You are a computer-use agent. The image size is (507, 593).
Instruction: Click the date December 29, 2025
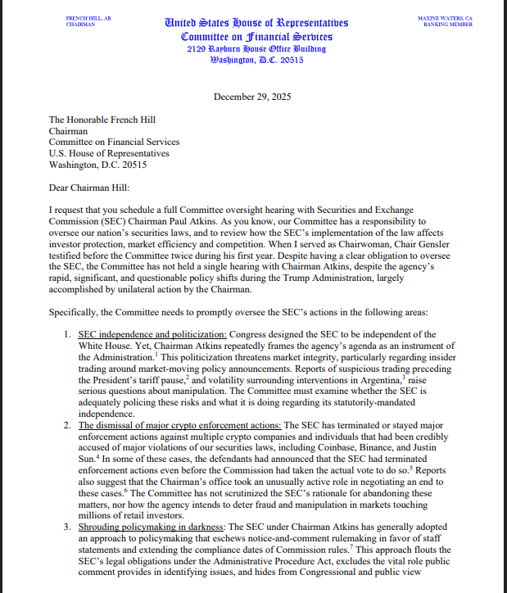click(x=253, y=97)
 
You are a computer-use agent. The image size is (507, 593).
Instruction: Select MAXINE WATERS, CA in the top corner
click(x=445, y=17)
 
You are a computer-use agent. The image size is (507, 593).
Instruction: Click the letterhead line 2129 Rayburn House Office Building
click(x=256, y=49)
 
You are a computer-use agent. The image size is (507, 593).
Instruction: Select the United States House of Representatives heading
click(x=256, y=22)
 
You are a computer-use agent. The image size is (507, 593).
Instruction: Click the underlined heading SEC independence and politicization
click(x=152, y=335)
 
